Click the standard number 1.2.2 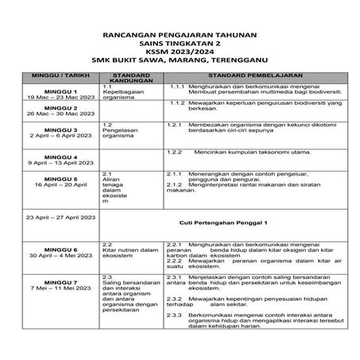[x=176, y=151]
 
